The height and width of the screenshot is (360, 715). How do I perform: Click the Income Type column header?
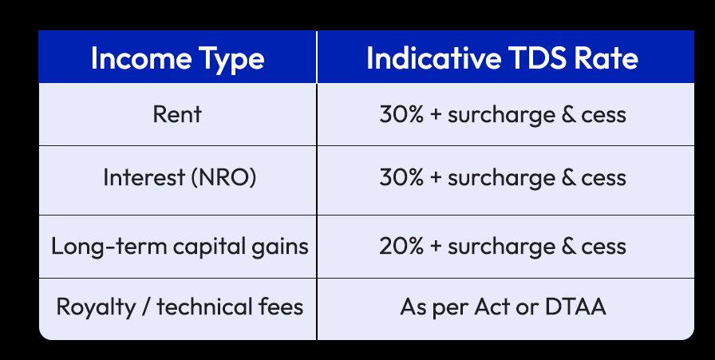coord(177,58)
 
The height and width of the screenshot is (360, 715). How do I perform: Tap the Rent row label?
coord(177,114)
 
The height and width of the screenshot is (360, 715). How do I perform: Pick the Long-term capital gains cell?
coord(180,246)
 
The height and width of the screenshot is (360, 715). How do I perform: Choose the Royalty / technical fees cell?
coord(180,307)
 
